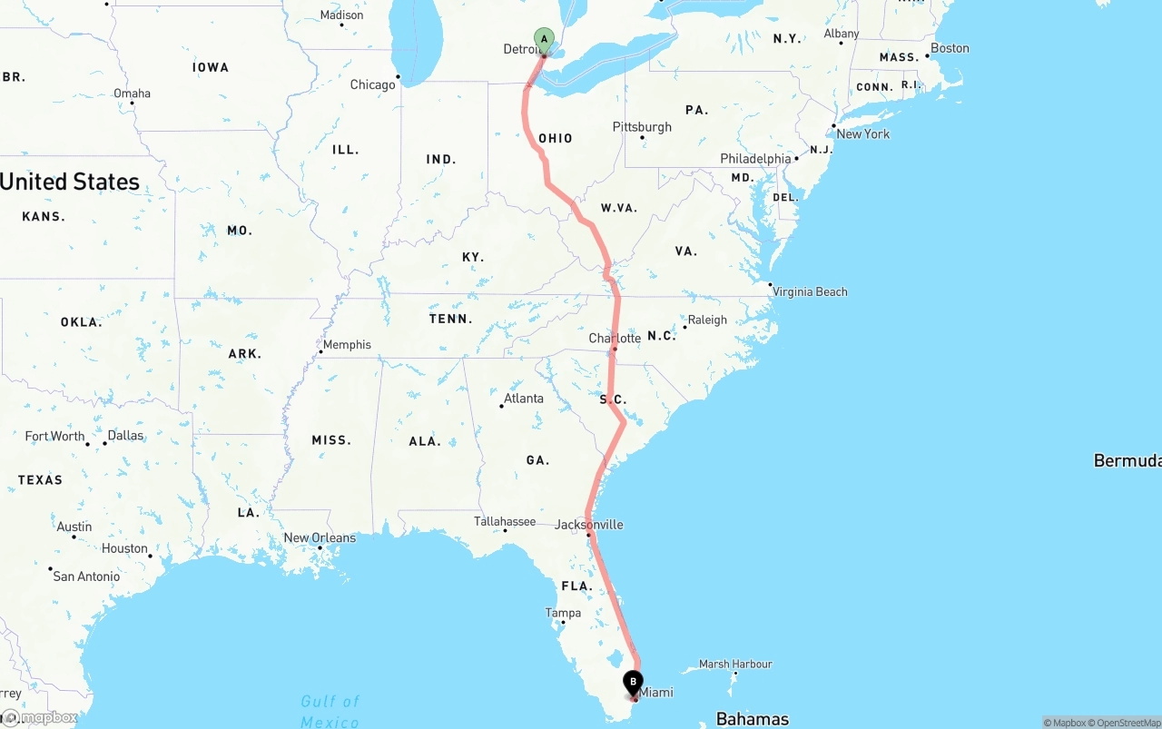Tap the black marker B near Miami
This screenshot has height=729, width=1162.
[633, 682]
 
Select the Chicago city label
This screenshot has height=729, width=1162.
[372, 84]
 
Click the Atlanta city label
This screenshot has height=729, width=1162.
[524, 399]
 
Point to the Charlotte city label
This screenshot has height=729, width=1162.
[615, 339]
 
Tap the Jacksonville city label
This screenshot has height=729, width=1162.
[589, 525]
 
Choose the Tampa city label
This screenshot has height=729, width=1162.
[563, 613]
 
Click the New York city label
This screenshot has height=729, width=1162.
[862, 133]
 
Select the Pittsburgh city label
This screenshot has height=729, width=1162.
[642, 127]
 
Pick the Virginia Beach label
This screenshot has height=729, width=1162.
[810, 291]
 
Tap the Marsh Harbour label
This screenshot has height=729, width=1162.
[735, 664]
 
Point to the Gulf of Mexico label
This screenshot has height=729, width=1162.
[330, 711]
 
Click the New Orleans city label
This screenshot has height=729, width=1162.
[320, 537]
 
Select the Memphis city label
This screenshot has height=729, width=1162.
[347, 345]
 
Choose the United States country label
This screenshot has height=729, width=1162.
[70, 182]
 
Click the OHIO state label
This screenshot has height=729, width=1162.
[556, 139]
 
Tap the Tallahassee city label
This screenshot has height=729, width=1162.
[505, 521]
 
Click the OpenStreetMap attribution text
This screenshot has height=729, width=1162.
[1126, 723]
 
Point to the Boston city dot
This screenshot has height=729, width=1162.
[928, 56]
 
